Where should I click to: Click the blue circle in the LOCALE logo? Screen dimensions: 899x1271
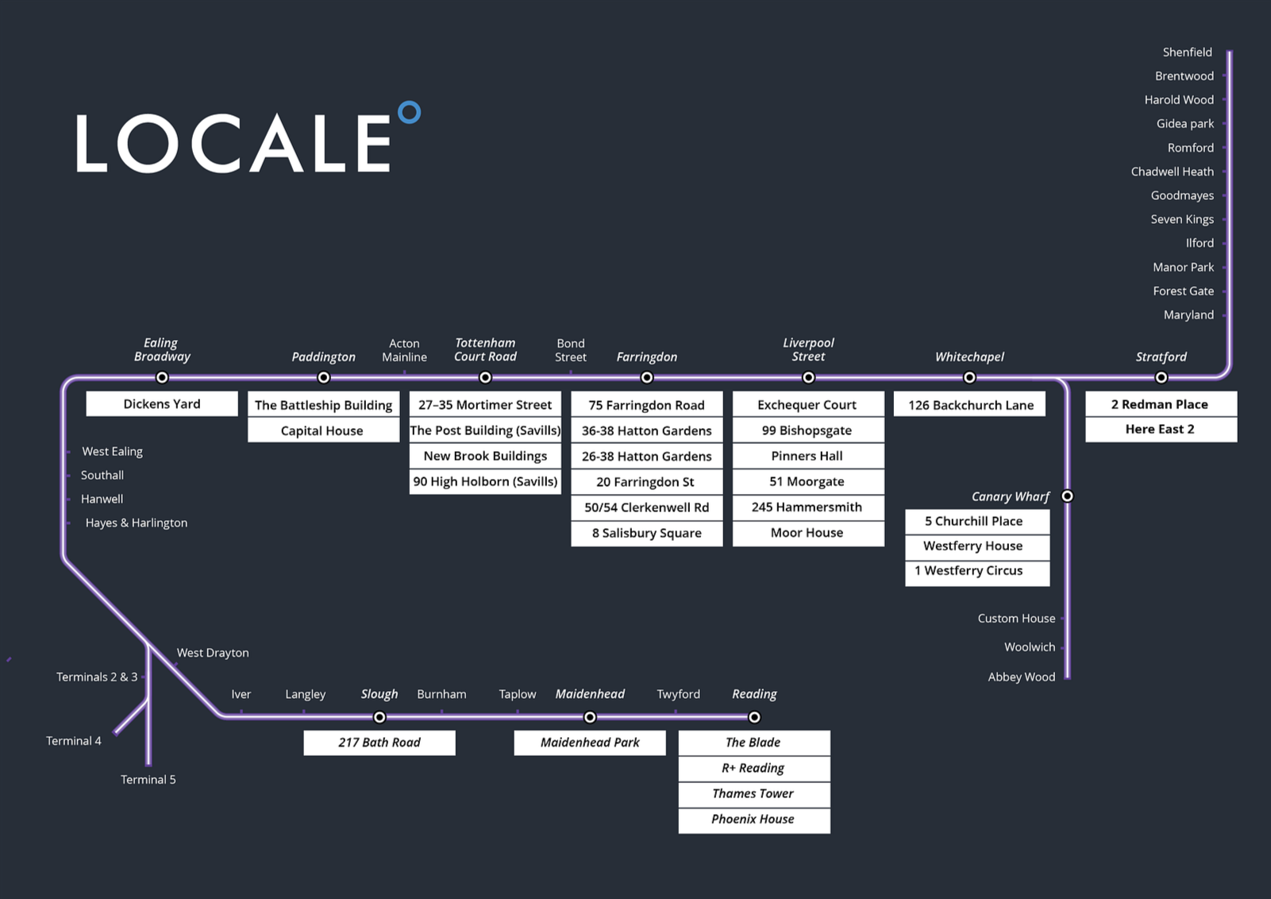coord(409,113)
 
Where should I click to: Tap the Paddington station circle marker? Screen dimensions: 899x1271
coord(324,377)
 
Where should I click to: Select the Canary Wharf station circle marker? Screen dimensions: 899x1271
coord(1067,496)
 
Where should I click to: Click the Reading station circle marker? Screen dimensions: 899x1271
coord(754,717)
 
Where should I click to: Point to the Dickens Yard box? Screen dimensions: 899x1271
coord(162,403)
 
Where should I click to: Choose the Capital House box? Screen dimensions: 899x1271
coord(323,430)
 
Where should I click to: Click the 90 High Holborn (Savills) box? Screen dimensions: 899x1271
coord(485,481)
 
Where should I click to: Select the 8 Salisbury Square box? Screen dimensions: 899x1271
coord(647,533)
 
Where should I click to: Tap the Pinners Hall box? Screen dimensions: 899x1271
coord(808,456)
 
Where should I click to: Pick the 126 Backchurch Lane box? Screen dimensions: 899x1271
coord(970,405)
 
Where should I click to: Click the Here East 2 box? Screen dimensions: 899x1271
coord(1161,429)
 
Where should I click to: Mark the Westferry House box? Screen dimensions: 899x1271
coord(976,546)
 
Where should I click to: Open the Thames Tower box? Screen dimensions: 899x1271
coord(754,793)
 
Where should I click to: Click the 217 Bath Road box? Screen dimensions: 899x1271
coord(379,743)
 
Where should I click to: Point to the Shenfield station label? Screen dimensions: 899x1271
coord(1187,52)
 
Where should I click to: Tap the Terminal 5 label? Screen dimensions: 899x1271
coord(148,780)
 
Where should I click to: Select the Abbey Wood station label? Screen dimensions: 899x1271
coord(1021,677)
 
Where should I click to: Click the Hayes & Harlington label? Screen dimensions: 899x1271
coord(137,523)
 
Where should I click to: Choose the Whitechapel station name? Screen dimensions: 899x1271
coord(969,357)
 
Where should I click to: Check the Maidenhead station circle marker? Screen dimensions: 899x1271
coord(590,717)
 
